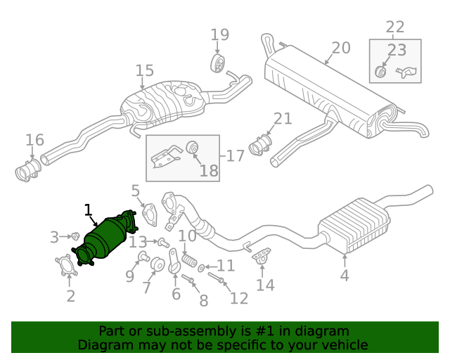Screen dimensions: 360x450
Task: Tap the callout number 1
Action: (x=88, y=210)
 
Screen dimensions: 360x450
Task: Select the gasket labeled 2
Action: (x=67, y=269)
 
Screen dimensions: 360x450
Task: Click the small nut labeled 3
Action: (x=75, y=235)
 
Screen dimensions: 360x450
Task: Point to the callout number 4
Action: (x=344, y=276)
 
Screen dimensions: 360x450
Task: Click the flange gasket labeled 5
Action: (x=148, y=216)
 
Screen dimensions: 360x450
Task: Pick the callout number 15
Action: (x=144, y=70)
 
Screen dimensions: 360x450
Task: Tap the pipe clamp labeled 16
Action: (x=28, y=171)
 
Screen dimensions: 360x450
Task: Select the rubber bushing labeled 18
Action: (x=191, y=148)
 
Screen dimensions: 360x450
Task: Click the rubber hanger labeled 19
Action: (x=219, y=64)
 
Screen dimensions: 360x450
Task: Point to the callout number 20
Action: (x=340, y=48)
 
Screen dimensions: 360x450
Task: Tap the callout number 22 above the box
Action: (x=395, y=27)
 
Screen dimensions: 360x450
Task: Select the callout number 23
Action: (x=397, y=50)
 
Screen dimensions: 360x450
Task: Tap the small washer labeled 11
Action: (x=202, y=268)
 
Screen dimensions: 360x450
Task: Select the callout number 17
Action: (x=235, y=155)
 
